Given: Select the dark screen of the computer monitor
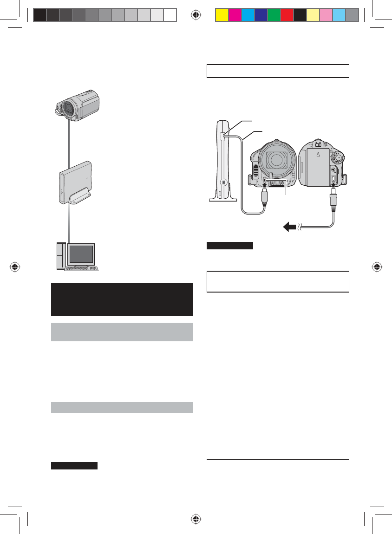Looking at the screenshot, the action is [x=80, y=254].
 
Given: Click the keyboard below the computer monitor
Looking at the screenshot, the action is [x=82, y=268].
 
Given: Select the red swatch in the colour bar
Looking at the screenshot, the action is [x=287, y=15].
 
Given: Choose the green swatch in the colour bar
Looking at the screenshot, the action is [x=274, y=15].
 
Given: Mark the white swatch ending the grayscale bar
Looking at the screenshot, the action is [x=170, y=15].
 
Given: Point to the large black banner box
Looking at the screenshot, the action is [x=122, y=300].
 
